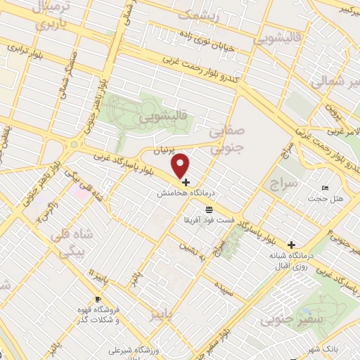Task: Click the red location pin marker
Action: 181,165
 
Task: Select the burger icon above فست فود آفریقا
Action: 209,210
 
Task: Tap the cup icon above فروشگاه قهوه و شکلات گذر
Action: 98,300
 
